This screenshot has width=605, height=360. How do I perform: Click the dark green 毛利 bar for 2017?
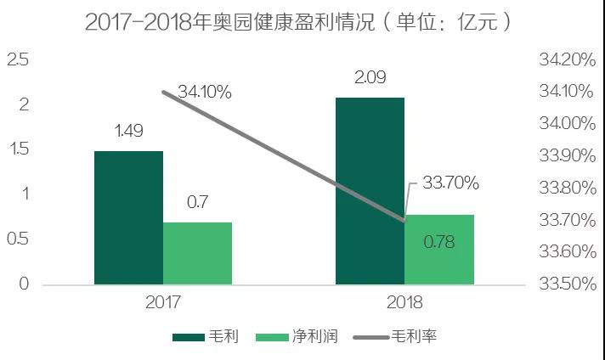pyautogui.click(x=128, y=217)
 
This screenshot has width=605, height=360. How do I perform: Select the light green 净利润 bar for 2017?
pyautogui.click(x=197, y=253)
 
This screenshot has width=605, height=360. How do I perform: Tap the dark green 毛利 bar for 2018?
pyautogui.click(x=370, y=190)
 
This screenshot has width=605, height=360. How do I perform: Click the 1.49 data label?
pyautogui.click(x=128, y=131)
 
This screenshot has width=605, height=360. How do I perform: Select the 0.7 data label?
pyautogui.click(x=197, y=202)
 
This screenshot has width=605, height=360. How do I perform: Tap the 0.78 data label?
pyautogui.click(x=438, y=242)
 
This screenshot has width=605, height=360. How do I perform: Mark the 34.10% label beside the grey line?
pyautogui.click(x=205, y=92)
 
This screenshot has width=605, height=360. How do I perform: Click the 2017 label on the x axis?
pyautogui.click(x=163, y=301)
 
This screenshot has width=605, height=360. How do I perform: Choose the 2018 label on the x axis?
pyautogui.click(x=404, y=301)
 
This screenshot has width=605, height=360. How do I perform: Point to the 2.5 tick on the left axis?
pyautogui.click(x=18, y=59)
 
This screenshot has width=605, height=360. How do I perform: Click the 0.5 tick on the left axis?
pyautogui.click(x=18, y=239)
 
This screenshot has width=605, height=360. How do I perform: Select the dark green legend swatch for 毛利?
pyautogui.click(x=189, y=337)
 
